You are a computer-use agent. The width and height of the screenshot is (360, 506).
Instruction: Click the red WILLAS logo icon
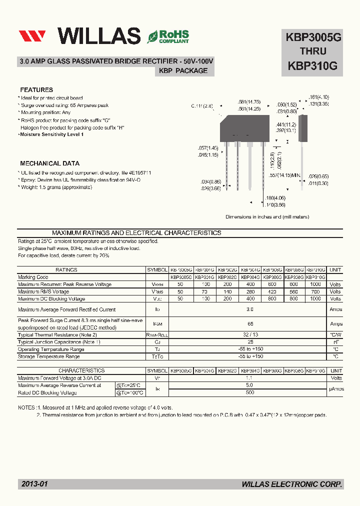[x=32, y=36]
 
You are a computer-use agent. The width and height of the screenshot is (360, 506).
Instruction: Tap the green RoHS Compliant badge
[x=168, y=36]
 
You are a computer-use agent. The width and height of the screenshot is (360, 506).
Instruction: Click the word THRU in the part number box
[x=313, y=51]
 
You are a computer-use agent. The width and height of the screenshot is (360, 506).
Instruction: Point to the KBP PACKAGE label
[x=183, y=71]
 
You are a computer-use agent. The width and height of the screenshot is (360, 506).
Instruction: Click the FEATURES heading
[x=36, y=90]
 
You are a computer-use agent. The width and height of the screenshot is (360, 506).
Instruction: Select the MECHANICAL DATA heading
[x=49, y=163]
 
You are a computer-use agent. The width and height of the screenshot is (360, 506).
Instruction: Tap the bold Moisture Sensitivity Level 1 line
[x=51, y=134]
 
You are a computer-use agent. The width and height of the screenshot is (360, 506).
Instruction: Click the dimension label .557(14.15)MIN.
[x=285, y=175]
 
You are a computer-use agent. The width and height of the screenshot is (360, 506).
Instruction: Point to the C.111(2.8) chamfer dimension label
[x=202, y=106]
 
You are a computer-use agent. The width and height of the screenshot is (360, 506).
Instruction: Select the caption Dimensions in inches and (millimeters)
[x=267, y=217]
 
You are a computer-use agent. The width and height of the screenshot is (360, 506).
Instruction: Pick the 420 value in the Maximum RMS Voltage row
[x=272, y=291]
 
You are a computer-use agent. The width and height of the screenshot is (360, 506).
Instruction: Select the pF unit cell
[x=335, y=342]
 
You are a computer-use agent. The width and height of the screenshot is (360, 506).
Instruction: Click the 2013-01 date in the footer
[x=34, y=484]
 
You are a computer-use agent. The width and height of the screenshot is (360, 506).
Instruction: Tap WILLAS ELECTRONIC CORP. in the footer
[x=292, y=484]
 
